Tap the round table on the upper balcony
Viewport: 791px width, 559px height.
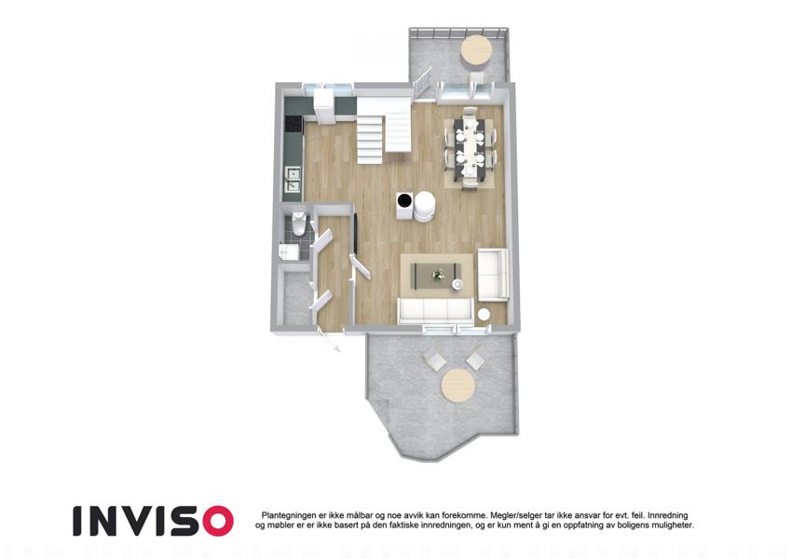(x=476, y=49)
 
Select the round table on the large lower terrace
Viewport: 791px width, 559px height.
(x=458, y=386)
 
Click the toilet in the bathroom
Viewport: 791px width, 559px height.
(x=298, y=224)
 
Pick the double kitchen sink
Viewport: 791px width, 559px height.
(x=293, y=180)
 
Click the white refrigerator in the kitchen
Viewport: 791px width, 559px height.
(x=322, y=105)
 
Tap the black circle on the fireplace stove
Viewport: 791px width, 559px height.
(x=403, y=201)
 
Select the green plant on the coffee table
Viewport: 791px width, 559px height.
(x=437, y=275)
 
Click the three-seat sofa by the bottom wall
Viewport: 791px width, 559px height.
(x=435, y=310)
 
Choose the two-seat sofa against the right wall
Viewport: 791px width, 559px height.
(x=492, y=274)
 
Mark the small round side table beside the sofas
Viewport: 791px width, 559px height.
(x=484, y=314)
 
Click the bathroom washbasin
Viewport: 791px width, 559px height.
(x=288, y=251)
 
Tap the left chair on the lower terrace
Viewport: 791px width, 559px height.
(x=435, y=361)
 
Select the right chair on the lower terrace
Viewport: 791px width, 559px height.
(x=475, y=361)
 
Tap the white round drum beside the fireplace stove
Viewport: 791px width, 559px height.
(x=424, y=206)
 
